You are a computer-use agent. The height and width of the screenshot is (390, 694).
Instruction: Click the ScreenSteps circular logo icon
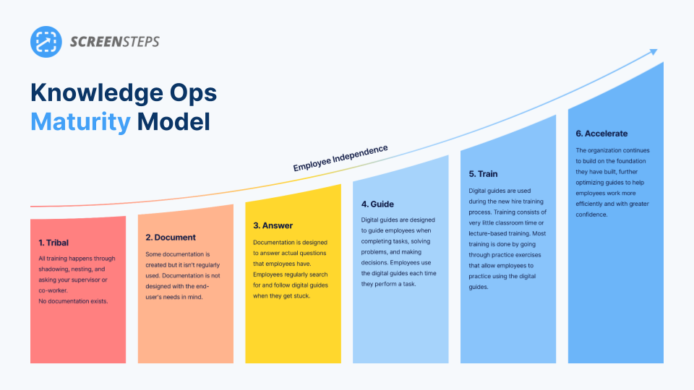[x=46, y=42]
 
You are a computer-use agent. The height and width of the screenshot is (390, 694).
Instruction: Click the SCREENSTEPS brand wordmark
[x=115, y=42]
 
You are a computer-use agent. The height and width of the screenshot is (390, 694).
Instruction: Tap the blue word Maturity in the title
[x=80, y=122]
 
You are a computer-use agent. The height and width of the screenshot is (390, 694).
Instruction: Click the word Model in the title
[x=173, y=121]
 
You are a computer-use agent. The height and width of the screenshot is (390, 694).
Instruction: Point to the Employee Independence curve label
[x=340, y=158]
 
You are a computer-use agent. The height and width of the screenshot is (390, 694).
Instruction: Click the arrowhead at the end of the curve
[x=654, y=52]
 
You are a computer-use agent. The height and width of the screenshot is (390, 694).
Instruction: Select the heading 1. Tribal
[x=53, y=243]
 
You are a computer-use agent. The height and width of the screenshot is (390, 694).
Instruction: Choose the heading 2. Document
[x=171, y=238]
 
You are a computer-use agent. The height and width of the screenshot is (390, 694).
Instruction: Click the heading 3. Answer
[x=273, y=225]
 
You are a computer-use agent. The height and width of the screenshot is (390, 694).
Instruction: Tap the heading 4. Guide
[x=377, y=204]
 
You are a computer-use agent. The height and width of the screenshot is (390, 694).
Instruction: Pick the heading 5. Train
[x=483, y=174]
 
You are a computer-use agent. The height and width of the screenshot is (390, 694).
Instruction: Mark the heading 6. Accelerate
[x=601, y=134]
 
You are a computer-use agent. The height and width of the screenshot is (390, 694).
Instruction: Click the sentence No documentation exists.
[x=73, y=301]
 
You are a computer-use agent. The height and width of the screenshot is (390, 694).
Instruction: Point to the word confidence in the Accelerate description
[x=591, y=214]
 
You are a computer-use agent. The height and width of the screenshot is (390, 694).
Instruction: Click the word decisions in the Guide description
[x=374, y=263]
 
